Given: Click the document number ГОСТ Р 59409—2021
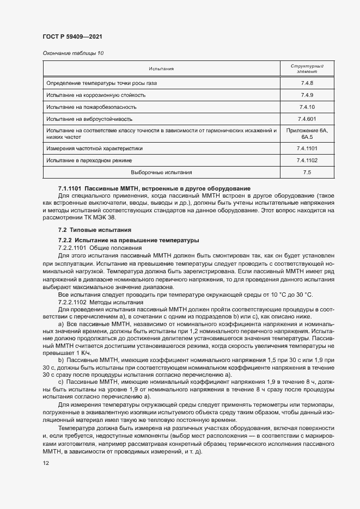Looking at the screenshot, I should click(72, 36).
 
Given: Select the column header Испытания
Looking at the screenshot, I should click(161, 69).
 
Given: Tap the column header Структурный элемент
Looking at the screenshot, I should click(306, 69).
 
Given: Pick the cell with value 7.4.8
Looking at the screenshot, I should click(307, 83).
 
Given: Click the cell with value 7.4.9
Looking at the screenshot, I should click(307, 95).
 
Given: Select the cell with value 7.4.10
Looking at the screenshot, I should click(307, 107).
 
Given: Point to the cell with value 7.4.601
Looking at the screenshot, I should click(307, 119).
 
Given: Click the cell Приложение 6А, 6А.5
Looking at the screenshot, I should click(307, 134).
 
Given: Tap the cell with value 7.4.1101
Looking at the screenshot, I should click(307, 148).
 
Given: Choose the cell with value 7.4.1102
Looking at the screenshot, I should click(307, 160).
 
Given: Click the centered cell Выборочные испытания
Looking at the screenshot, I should click(161, 172).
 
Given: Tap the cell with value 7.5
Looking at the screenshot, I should click(307, 172).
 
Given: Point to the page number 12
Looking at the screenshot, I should click(46, 463).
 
